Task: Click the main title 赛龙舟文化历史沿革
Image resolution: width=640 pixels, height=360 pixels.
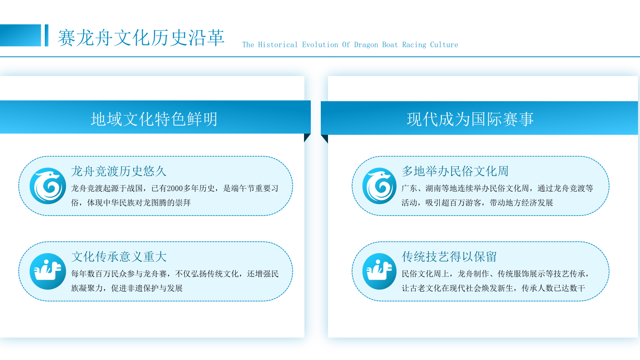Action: pyautogui.click(x=141, y=38)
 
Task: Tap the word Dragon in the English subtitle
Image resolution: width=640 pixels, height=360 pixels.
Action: pyautogui.click(x=366, y=45)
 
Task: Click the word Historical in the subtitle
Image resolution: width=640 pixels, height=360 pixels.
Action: pyautogui.click(x=278, y=45)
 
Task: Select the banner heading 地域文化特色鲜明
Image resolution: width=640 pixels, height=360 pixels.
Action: pyautogui.click(x=154, y=119)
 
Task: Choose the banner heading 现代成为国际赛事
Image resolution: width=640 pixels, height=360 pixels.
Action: pyautogui.click(x=470, y=119)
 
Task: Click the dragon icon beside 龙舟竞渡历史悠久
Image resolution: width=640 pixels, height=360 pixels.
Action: pyautogui.click(x=48, y=186)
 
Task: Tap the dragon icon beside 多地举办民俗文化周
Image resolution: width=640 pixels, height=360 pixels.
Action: pyautogui.click(x=380, y=186)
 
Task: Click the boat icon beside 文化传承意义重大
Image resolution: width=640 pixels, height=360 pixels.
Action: pyautogui.click(x=48, y=272)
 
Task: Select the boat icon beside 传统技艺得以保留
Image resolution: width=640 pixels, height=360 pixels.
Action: pyautogui.click(x=380, y=272)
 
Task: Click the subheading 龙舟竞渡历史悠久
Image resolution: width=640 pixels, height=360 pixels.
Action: pyautogui.click(x=118, y=171)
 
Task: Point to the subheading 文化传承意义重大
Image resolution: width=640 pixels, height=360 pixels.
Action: pyautogui.click(x=118, y=256)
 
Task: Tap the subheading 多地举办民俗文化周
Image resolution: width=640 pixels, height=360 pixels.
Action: pyautogui.click(x=455, y=171)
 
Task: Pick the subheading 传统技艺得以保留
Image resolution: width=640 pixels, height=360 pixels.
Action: pyautogui.click(x=449, y=256)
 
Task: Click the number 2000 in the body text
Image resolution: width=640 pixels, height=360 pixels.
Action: pyautogui.click(x=175, y=188)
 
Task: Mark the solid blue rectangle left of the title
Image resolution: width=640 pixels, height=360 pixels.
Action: pyautogui.click(x=20, y=36)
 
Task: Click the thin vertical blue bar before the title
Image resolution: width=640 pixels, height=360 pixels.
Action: pyautogui.click(x=46, y=36)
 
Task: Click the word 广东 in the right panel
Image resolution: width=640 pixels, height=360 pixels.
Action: pyautogui.click(x=410, y=188)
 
